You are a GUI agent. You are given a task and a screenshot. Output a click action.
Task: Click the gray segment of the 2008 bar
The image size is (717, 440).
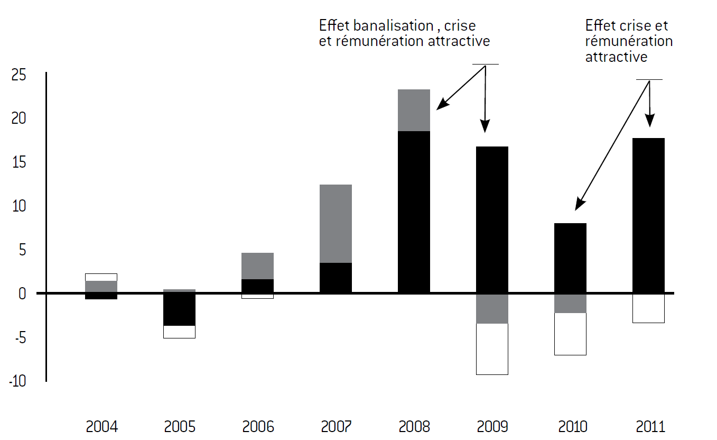coord(414,110)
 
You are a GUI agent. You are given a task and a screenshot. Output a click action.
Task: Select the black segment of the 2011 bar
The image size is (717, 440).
coord(648,215)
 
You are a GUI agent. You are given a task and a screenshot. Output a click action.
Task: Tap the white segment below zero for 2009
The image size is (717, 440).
coord(492,349)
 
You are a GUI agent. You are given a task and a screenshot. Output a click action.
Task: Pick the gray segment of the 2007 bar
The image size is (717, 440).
coord(336,224)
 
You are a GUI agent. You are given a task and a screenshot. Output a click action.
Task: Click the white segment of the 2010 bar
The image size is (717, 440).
coord(571,334)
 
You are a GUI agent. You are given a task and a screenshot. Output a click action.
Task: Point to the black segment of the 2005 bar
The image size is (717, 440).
coord(179,309)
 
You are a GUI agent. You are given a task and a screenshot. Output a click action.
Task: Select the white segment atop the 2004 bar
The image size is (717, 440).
coord(101,277)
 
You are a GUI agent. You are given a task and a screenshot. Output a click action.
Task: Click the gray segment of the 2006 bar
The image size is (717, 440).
coord(258,266)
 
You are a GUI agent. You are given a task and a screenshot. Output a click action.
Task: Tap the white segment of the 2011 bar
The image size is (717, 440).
coord(648,308)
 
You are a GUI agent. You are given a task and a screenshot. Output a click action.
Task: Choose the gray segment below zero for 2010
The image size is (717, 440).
coord(571,304)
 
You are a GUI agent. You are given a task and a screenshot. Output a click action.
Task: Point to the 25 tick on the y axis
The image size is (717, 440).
coord(18,75)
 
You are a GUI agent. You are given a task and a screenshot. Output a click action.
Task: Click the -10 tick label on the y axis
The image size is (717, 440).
coord(17,381)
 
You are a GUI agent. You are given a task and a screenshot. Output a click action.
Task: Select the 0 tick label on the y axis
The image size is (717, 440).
coord(22,294)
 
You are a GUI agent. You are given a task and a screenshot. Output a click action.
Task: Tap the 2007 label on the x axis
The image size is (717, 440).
coord(336,427)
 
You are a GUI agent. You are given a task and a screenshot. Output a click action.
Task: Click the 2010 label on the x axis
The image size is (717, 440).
coord(573,427)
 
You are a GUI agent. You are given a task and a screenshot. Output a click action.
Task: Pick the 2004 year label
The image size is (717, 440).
coord(102,427)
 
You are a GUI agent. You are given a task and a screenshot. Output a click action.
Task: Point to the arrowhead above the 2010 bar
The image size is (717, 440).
coord(580,204)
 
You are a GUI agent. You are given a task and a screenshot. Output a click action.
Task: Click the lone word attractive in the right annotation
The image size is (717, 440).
coord(616,57)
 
